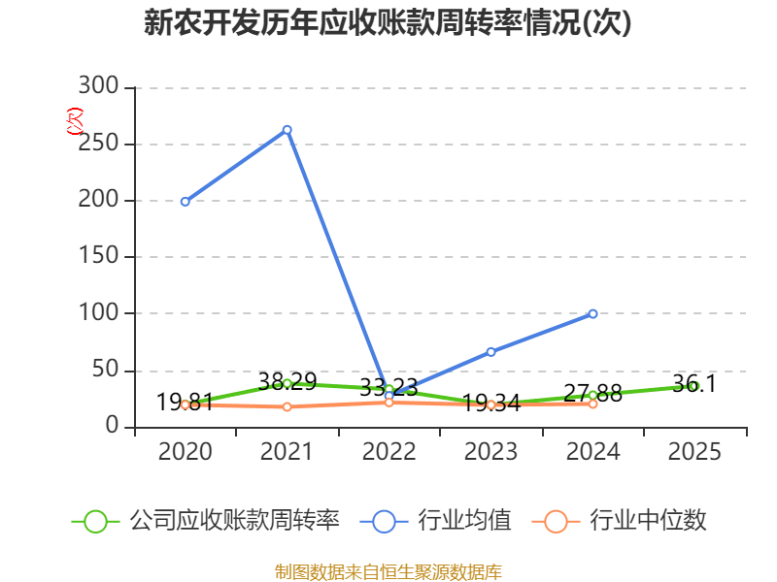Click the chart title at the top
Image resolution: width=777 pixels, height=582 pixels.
pyautogui.click(x=388, y=22)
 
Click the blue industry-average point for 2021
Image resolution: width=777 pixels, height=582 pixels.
pyautogui.click(x=287, y=129)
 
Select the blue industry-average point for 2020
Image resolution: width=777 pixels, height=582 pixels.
pyautogui.click(x=185, y=202)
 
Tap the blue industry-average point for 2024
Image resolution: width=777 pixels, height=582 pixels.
pyautogui.click(x=592, y=313)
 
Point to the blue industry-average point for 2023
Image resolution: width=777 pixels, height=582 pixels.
pyautogui.click(x=490, y=351)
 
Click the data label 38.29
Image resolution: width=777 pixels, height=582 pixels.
pyautogui.click(x=287, y=381)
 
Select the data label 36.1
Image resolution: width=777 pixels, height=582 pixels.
pyautogui.click(x=694, y=383)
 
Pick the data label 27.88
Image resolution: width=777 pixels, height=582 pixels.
pyautogui.click(x=592, y=393)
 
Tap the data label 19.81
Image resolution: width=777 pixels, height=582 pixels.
pyautogui.click(x=185, y=402)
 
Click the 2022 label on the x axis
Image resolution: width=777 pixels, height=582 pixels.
pyautogui.click(x=388, y=451)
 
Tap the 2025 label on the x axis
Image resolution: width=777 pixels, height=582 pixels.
pyautogui.click(x=694, y=451)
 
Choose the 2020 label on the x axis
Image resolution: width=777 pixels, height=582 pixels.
pyautogui.click(x=185, y=451)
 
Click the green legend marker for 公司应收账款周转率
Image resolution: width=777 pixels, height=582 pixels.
pyautogui.click(x=95, y=521)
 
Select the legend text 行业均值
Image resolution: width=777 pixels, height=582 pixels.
pyautogui.click(x=464, y=521)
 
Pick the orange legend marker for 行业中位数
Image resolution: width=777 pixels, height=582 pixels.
pyautogui.click(x=556, y=521)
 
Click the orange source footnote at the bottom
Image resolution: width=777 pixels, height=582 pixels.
pyautogui.click(x=388, y=571)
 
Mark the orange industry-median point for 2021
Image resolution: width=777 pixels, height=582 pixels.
pyautogui.click(x=287, y=406)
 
